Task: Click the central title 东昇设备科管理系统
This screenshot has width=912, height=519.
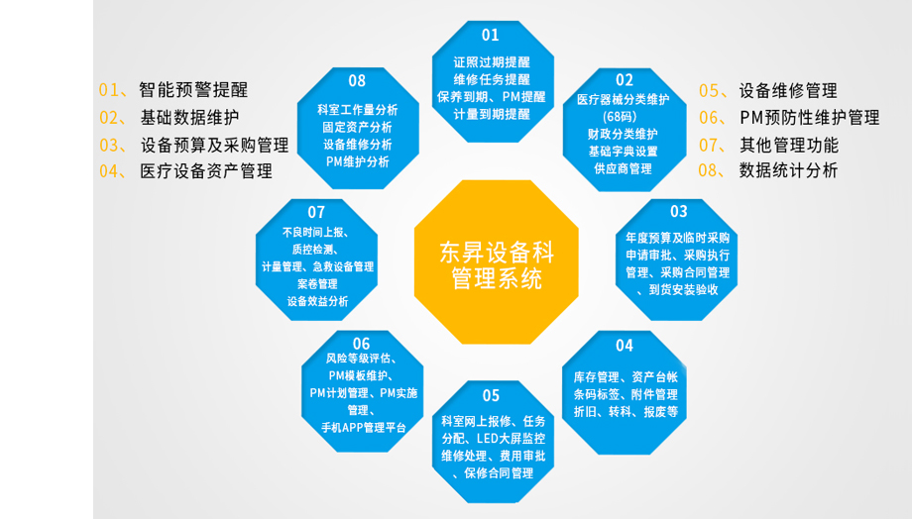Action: point(497,265)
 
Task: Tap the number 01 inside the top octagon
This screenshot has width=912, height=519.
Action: point(491,36)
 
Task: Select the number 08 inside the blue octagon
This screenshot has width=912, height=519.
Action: point(357,81)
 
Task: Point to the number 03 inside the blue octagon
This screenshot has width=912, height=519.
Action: point(679,211)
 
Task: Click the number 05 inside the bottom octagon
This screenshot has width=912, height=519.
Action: point(491,396)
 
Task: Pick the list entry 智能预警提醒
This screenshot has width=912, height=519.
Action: point(193,89)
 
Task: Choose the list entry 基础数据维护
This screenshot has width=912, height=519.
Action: point(189,118)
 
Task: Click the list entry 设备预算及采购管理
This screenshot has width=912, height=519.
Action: point(215,145)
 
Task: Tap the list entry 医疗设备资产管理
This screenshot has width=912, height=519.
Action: point(206,171)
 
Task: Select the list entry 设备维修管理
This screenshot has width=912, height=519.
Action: point(788,91)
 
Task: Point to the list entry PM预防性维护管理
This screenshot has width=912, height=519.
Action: point(810,118)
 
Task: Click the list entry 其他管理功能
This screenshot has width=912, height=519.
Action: point(789,145)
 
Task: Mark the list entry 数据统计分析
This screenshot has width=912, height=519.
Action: point(788,170)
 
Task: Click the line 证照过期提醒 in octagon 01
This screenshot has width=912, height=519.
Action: point(492,62)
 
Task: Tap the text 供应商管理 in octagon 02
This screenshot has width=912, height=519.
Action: point(623,168)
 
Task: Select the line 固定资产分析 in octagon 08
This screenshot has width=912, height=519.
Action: point(357,128)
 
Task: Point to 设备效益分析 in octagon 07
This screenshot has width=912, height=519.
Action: point(317,302)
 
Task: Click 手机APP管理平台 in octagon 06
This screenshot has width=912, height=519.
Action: point(364,428)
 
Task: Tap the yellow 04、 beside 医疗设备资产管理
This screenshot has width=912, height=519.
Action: point(113,171)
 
